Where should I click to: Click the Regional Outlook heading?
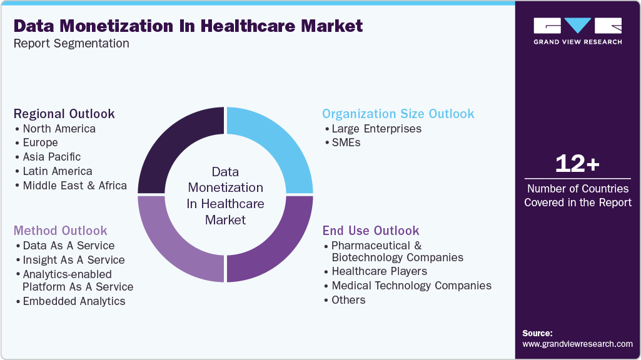(64, 114)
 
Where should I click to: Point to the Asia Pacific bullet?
(51, 157)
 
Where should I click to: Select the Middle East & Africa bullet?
(74, 186)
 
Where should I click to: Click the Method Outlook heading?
(61, 231)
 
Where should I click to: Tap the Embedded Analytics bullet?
(74, 301)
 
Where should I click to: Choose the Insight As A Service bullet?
(73, 260)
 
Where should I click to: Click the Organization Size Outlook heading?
(398, 114)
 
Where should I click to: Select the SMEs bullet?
(346, 142)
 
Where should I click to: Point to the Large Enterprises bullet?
(376, 129)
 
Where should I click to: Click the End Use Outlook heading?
(371, 231)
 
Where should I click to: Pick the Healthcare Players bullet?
(379, 271)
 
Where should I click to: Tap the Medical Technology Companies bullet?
(411, 286)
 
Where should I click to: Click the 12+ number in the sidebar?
(577, 164)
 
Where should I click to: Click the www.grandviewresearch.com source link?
(577, 344)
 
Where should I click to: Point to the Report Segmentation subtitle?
(71, 44)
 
